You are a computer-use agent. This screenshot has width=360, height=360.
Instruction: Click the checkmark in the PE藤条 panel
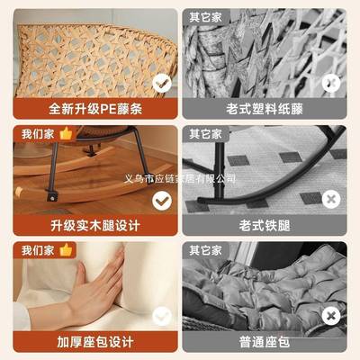point(162,83)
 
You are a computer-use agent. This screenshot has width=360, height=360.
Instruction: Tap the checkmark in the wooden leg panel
point(162,199)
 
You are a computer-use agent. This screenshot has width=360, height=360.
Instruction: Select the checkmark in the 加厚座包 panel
point(162,314)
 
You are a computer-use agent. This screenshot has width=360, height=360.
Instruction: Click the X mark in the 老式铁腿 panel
point(331,199)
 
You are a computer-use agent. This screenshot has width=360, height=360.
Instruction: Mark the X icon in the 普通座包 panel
point(331,314)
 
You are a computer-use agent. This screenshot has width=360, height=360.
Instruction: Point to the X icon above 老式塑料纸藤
point(331,83)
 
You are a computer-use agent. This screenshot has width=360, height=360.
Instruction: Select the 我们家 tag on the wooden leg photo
point(35,133)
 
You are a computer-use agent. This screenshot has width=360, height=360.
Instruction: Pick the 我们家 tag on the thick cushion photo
point(35,249)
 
